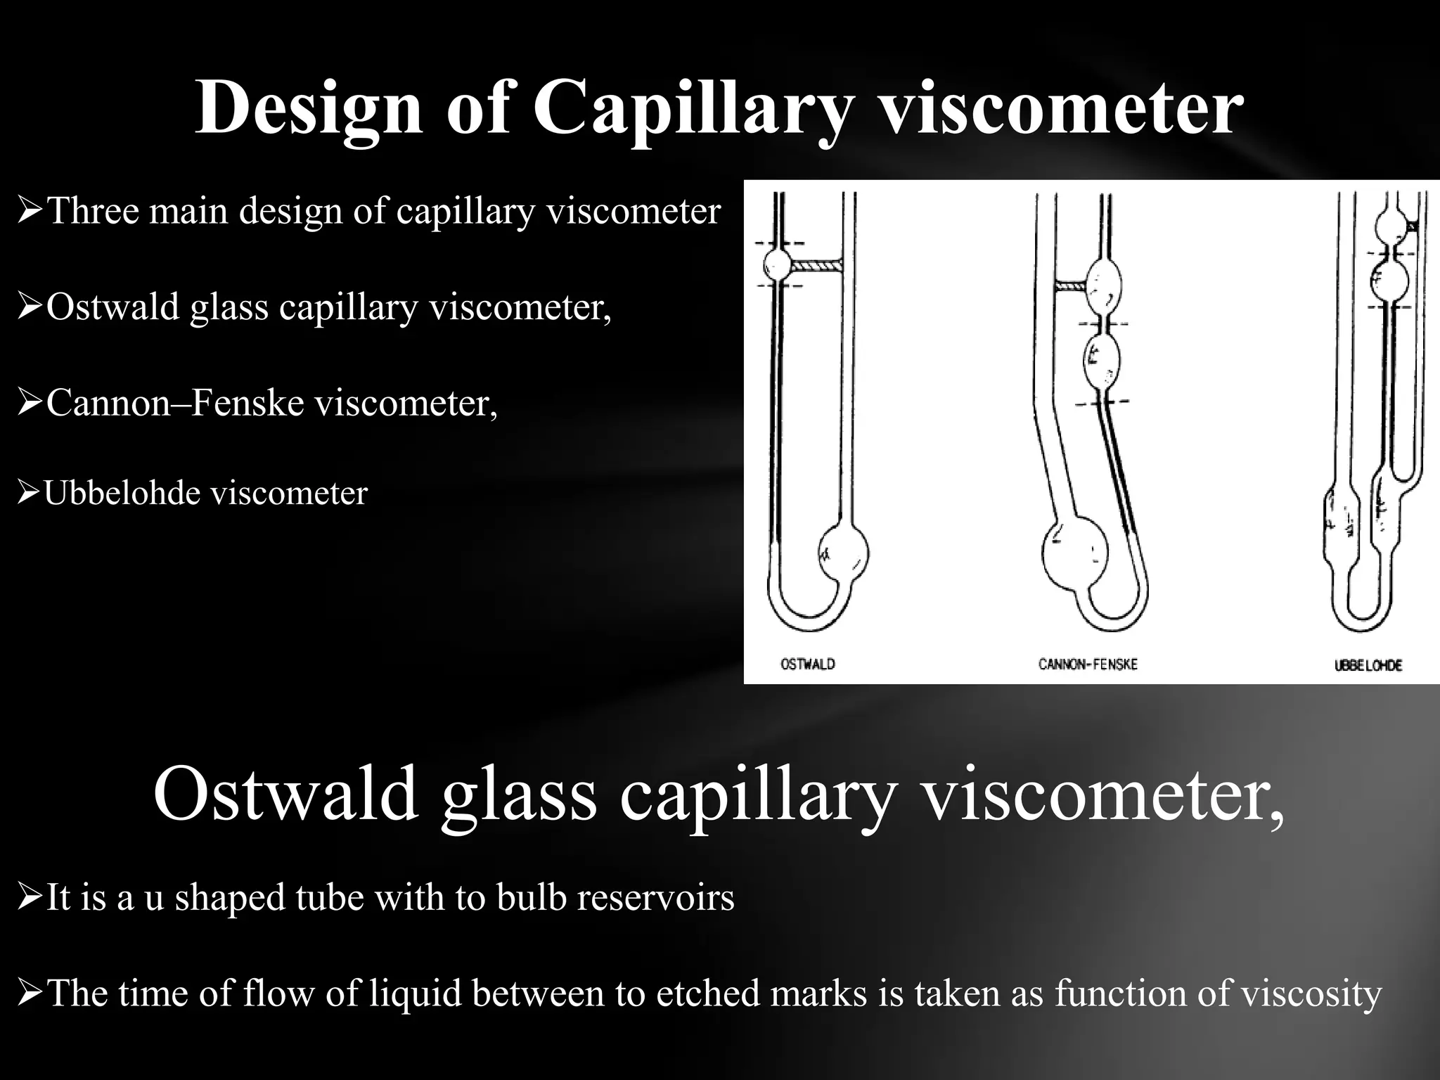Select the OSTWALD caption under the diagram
[808, 664]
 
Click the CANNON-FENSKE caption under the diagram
[1088, 664]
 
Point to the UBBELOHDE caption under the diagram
[1368, 665]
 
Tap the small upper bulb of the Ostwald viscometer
[778, 265]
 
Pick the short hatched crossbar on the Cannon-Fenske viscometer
[1071, 286]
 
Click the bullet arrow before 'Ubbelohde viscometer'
[28, 494]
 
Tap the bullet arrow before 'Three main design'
[30, 212]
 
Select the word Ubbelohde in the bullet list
[122, 493]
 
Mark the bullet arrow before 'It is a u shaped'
[30, 898]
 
